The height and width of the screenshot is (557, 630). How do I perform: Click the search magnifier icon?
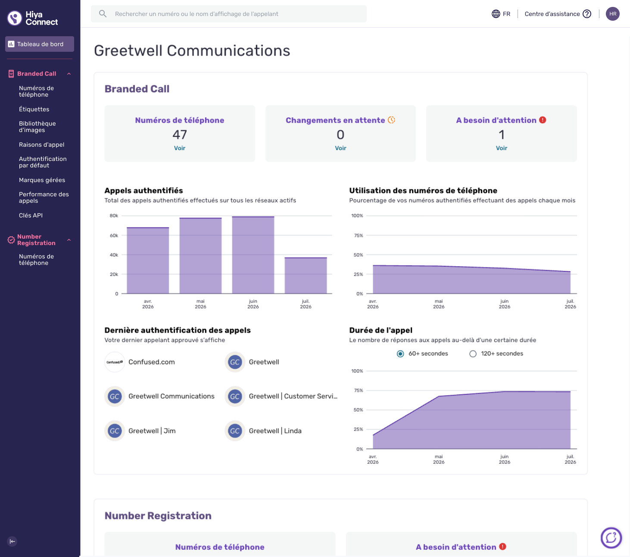tap(103, 14)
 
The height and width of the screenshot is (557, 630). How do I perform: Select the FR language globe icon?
tap(496, 14)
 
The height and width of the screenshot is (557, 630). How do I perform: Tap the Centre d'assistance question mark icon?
tap(587, 14)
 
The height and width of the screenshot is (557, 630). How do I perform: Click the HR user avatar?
tap(612, 14)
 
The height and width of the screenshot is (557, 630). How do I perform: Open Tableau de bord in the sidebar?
tap(40, 44)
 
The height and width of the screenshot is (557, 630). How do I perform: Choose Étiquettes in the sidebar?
tap(34, 109)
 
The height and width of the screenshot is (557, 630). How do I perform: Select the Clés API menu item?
tap(31, 215)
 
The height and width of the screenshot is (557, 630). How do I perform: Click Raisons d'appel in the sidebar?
tap(41, 145)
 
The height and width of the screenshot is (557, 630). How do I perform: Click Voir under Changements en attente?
tap(340, 148)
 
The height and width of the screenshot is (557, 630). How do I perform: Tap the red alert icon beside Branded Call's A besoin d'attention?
tap(543, 120)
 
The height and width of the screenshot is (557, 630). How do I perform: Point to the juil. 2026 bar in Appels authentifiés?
tap(306, 275)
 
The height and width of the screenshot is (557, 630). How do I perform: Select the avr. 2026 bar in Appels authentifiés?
tap(148, 260)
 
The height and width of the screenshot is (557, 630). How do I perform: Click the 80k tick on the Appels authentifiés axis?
tap(114, 215)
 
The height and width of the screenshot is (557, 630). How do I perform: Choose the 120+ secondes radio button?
tap(473, 354)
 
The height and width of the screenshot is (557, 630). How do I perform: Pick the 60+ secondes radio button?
tap(400, 354)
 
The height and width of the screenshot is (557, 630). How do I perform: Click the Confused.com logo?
tap(115, 362)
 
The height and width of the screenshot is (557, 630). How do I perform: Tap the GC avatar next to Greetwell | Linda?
tap(235, 431)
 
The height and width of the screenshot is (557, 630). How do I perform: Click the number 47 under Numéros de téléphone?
tap(179, 135)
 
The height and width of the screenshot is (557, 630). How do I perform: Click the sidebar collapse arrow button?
tap(12, 541)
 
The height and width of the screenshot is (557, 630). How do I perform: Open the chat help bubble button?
tap(611, 538)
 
